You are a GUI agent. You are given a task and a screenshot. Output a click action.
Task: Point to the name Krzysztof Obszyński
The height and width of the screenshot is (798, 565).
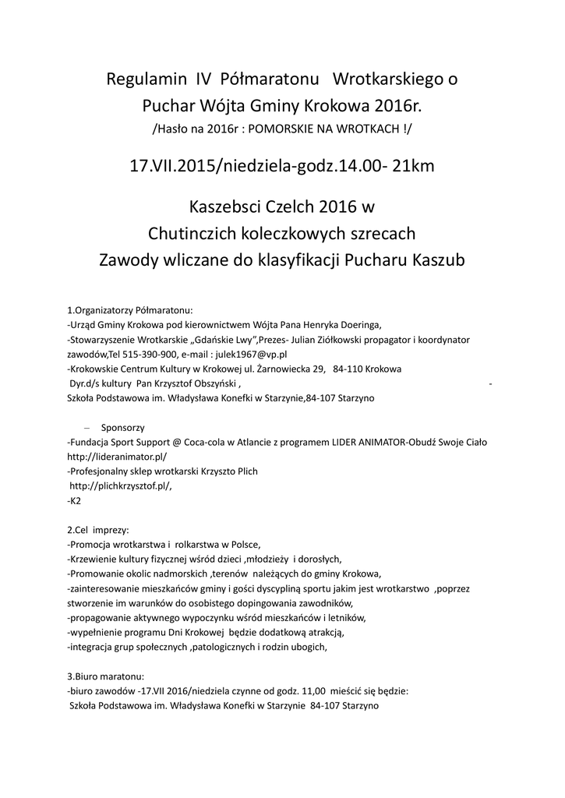coord(199,383)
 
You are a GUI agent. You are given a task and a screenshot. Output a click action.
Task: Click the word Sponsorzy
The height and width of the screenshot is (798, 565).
coord(123,428)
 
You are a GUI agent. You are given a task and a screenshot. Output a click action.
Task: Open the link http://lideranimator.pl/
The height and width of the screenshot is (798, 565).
coord(117,457)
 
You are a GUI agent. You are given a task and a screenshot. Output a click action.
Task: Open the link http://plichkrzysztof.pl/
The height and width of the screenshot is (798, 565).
coord(121,486)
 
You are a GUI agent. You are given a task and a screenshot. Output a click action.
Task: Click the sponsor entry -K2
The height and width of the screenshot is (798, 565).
coord(74,501)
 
